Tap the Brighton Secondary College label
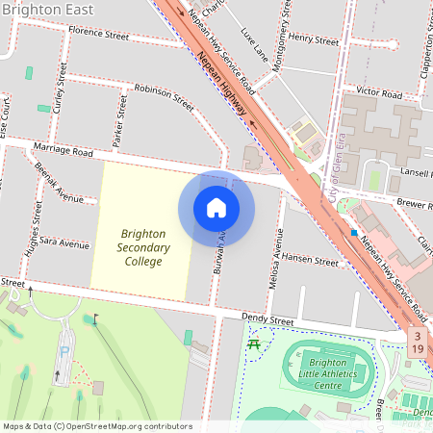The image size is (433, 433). coord(143,247)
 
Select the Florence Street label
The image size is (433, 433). coord(98,36)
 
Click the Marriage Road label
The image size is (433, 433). coord(63,151)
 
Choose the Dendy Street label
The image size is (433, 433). coord(267,321)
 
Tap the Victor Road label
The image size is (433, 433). coord(378,94)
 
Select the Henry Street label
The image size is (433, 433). coord(315,40)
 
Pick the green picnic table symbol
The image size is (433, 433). coord(254,344)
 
